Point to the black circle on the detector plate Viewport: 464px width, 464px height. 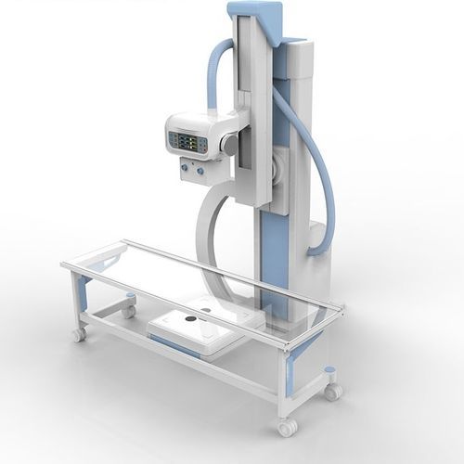coord(192,322)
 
